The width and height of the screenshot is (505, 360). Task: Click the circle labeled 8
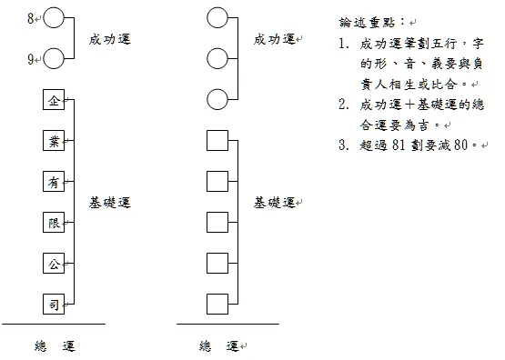pos(54,17)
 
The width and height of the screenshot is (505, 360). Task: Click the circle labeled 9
pos(54,59)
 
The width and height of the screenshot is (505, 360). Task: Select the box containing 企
pos(54,100)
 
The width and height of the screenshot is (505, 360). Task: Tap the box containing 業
pos(54,141)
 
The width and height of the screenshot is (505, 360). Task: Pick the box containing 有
pos(54,182)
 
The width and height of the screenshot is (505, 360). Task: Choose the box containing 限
pos(54,223)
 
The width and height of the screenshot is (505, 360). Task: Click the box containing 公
pos(54,264)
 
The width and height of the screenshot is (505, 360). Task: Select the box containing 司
pos(54,305)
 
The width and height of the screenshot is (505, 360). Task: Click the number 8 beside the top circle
pos(32,17)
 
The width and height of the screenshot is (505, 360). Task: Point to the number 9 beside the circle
pos(32,60)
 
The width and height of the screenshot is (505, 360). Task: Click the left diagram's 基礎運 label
pos(110,203)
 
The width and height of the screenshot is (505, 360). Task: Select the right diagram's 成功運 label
pos(274,39)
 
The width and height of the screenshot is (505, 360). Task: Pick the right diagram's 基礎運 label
pos(275,202)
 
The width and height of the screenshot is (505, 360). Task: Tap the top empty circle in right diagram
pos(217,17)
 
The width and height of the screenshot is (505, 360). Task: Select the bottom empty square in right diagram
pos(217,305)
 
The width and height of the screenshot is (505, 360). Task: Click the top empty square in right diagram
pos(217,141)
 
